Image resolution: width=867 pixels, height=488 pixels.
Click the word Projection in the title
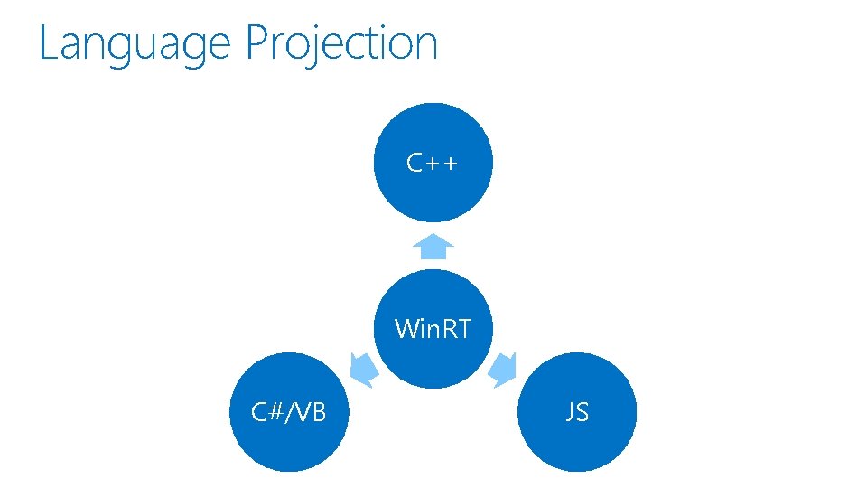pos(341,43)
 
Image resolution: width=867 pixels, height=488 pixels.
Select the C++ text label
pos(433,163)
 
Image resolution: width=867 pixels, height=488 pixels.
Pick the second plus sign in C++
pos(450,164)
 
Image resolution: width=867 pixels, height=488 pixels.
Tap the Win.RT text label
pos(433,328)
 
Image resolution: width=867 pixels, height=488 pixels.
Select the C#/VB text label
pos(288,412)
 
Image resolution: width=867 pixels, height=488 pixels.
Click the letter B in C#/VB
pos(317,413)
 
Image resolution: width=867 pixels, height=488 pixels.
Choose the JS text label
pos(576,412)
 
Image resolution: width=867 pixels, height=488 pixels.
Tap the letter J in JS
pos(570,413)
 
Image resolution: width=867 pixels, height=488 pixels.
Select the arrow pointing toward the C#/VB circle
pos(363,367)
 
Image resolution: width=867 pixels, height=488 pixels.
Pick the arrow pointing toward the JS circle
pos(503,368)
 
